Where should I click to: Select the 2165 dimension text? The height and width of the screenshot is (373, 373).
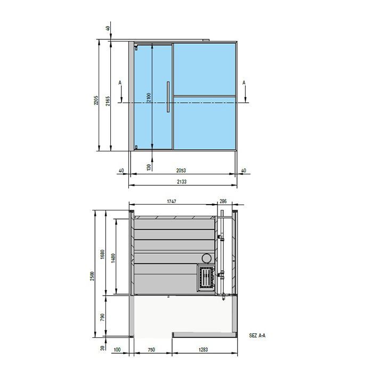[108, 101]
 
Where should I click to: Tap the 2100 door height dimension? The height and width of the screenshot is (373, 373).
[149, 99]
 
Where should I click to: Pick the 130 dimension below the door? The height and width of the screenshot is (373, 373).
[149, 167]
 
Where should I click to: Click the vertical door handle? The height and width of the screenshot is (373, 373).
[168, 96]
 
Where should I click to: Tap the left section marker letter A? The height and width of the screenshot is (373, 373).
[120, 83]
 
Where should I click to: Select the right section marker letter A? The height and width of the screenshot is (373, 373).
[244, 83]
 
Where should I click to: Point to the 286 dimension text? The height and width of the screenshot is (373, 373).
[223, 202]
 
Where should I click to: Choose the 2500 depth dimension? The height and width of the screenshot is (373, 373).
[92, 276]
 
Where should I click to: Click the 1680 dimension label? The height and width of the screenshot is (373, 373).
[103, 255]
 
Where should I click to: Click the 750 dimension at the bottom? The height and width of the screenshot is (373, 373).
[151, 350]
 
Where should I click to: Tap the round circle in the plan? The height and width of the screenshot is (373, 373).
[206, 258]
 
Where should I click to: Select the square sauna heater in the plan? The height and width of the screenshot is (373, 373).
[206, 278]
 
